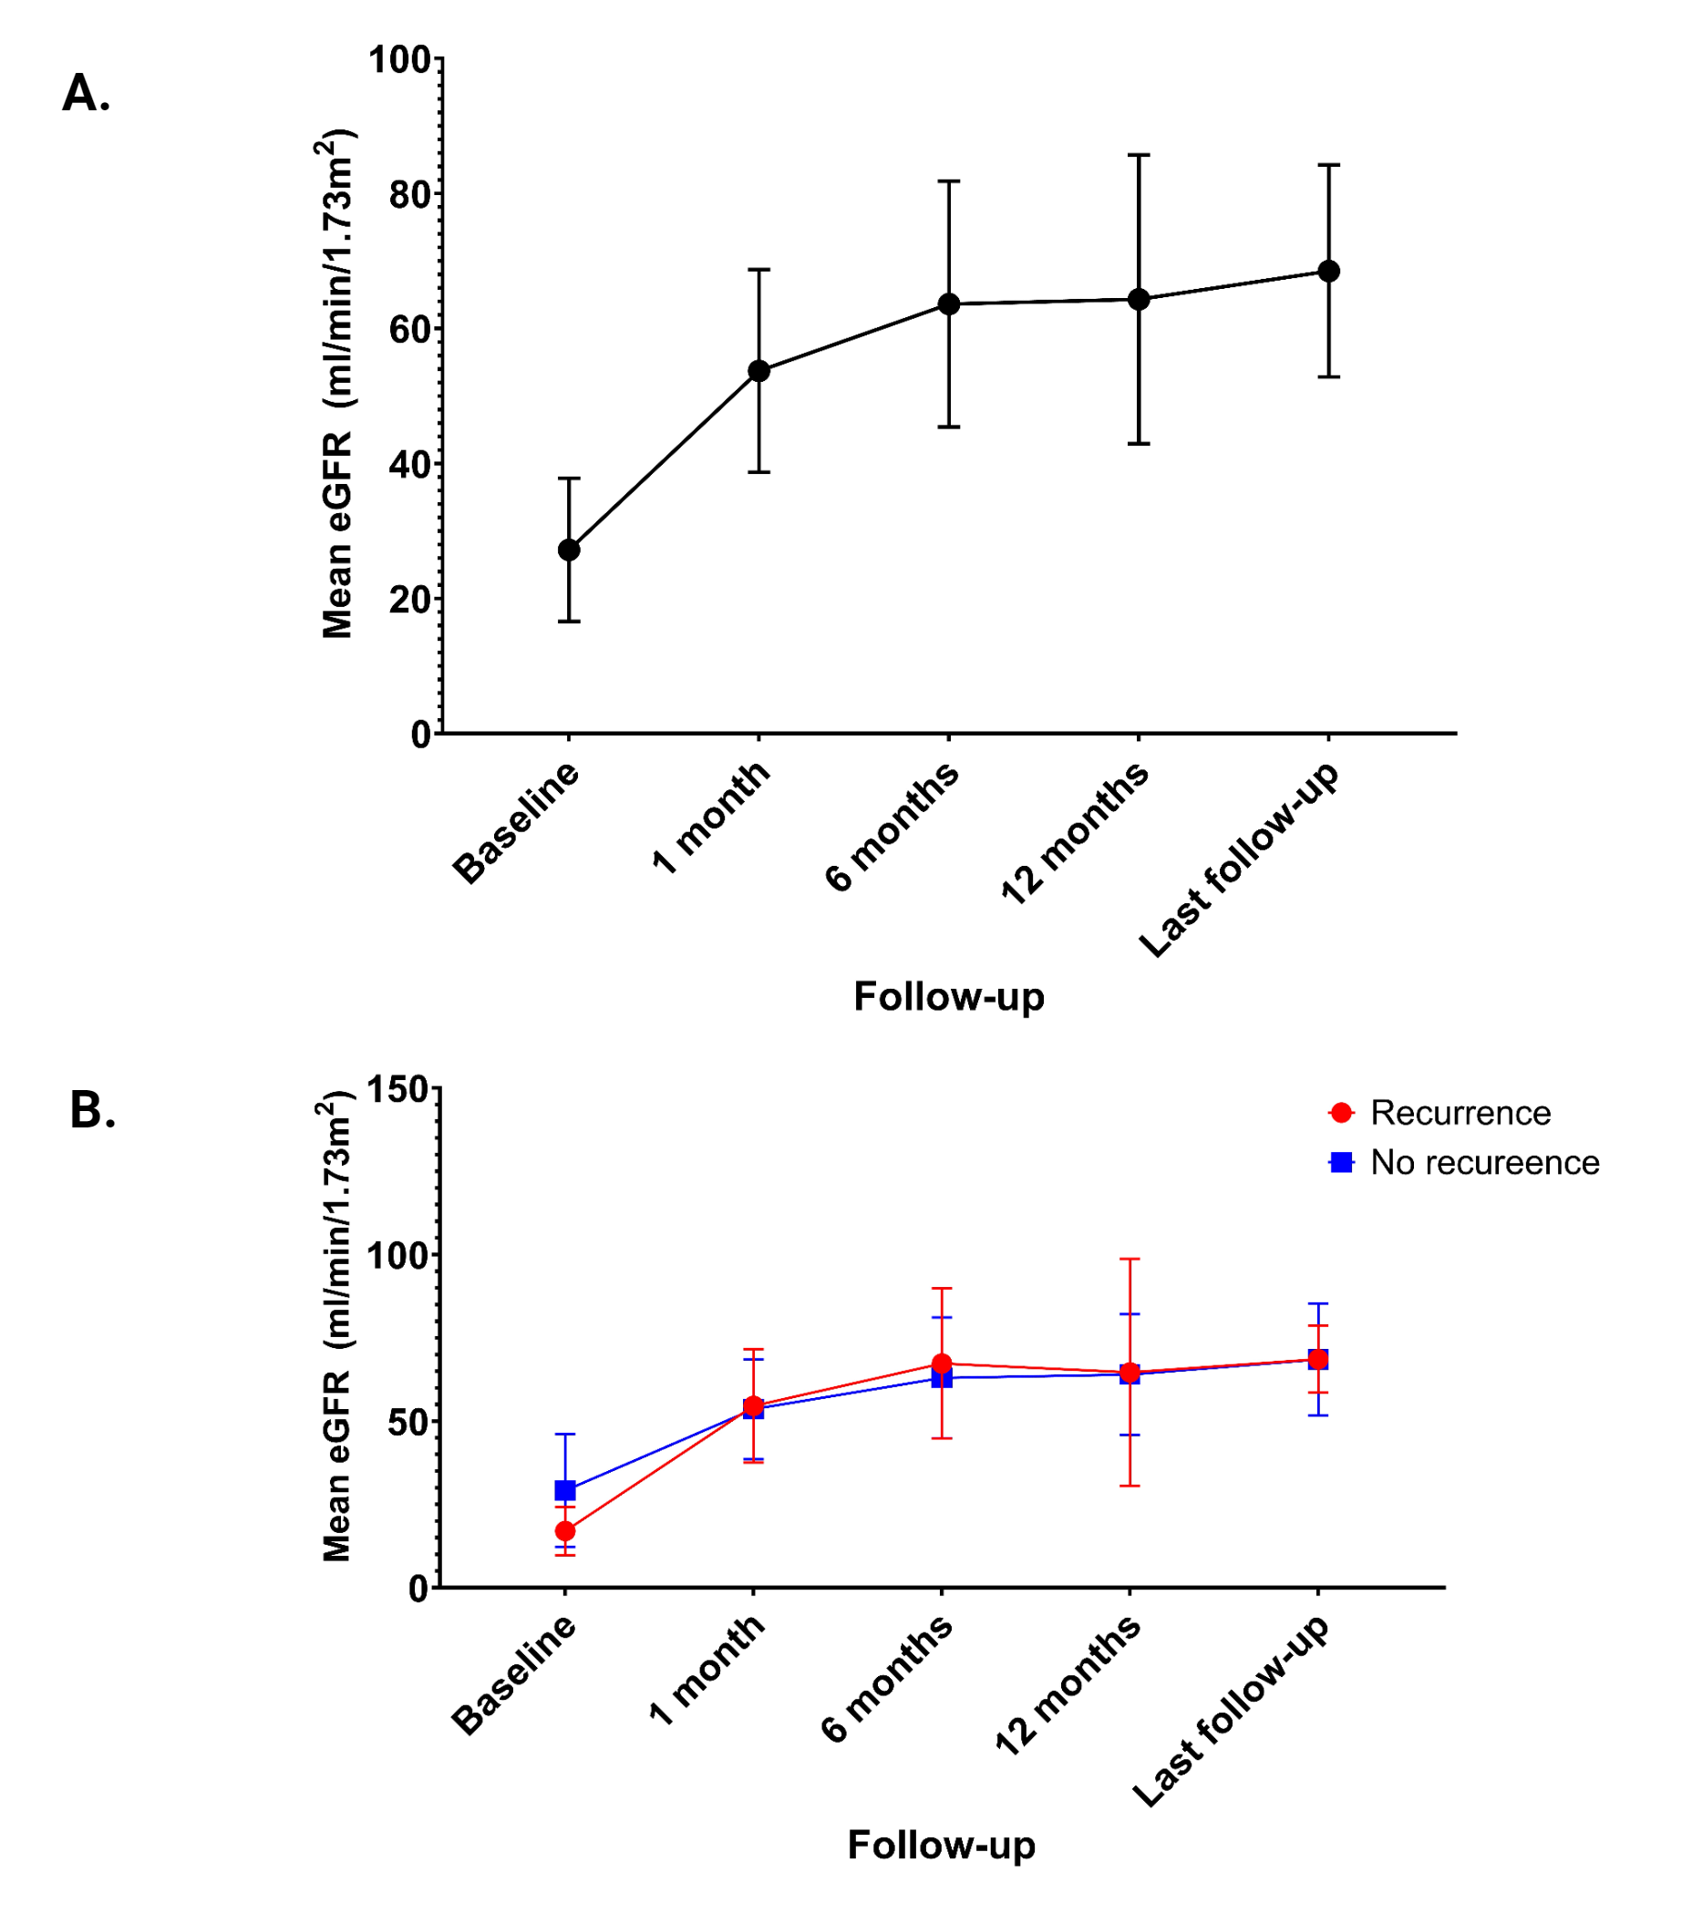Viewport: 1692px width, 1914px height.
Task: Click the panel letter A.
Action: click(85, 94)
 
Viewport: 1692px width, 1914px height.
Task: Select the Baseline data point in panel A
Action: click(568, 550)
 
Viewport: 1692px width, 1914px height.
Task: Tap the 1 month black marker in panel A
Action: click(758, 371)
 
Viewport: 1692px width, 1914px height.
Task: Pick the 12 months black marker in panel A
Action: click(1139, 300)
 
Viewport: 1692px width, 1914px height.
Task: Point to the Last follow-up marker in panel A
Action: click(1327, 272)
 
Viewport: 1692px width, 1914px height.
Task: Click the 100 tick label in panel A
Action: click(399, 60)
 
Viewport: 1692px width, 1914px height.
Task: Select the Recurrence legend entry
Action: click(1459, 1113)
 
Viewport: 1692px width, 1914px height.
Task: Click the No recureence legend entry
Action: click(1483, 1162)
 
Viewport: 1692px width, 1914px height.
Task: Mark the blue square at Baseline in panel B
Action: click(564, 1490)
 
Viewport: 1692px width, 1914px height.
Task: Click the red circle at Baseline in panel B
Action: click(564, 1531)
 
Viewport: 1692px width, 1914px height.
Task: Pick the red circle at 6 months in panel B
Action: click(941, 1363)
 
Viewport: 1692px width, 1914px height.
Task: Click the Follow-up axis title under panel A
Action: click(947, 996)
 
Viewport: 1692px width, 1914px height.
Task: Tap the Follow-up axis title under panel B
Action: click(941, 1845)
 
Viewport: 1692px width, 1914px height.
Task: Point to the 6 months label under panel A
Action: click(892, 825)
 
